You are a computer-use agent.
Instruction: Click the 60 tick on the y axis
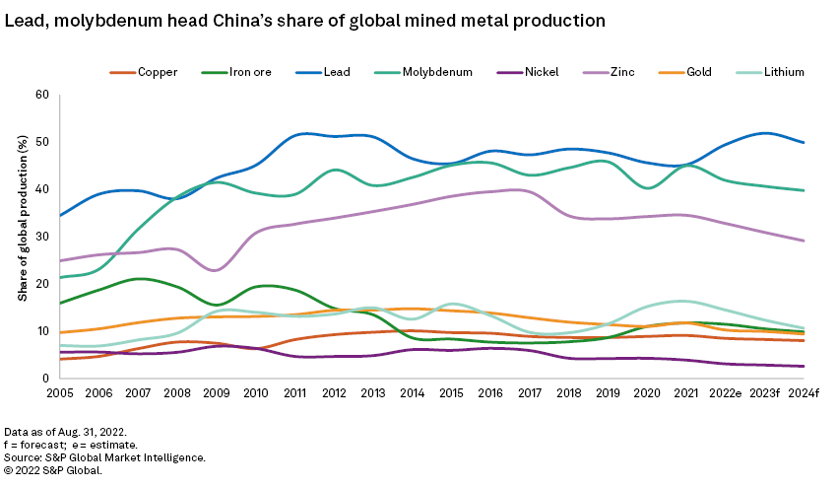(x=42, y=95)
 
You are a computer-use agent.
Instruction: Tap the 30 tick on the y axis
(x=42, y=237)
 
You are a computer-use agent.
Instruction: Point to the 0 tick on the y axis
(x=45, y=379)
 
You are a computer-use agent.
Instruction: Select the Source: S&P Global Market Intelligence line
(x=104, y=457)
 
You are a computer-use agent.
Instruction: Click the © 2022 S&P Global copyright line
(x=53, y=470)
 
